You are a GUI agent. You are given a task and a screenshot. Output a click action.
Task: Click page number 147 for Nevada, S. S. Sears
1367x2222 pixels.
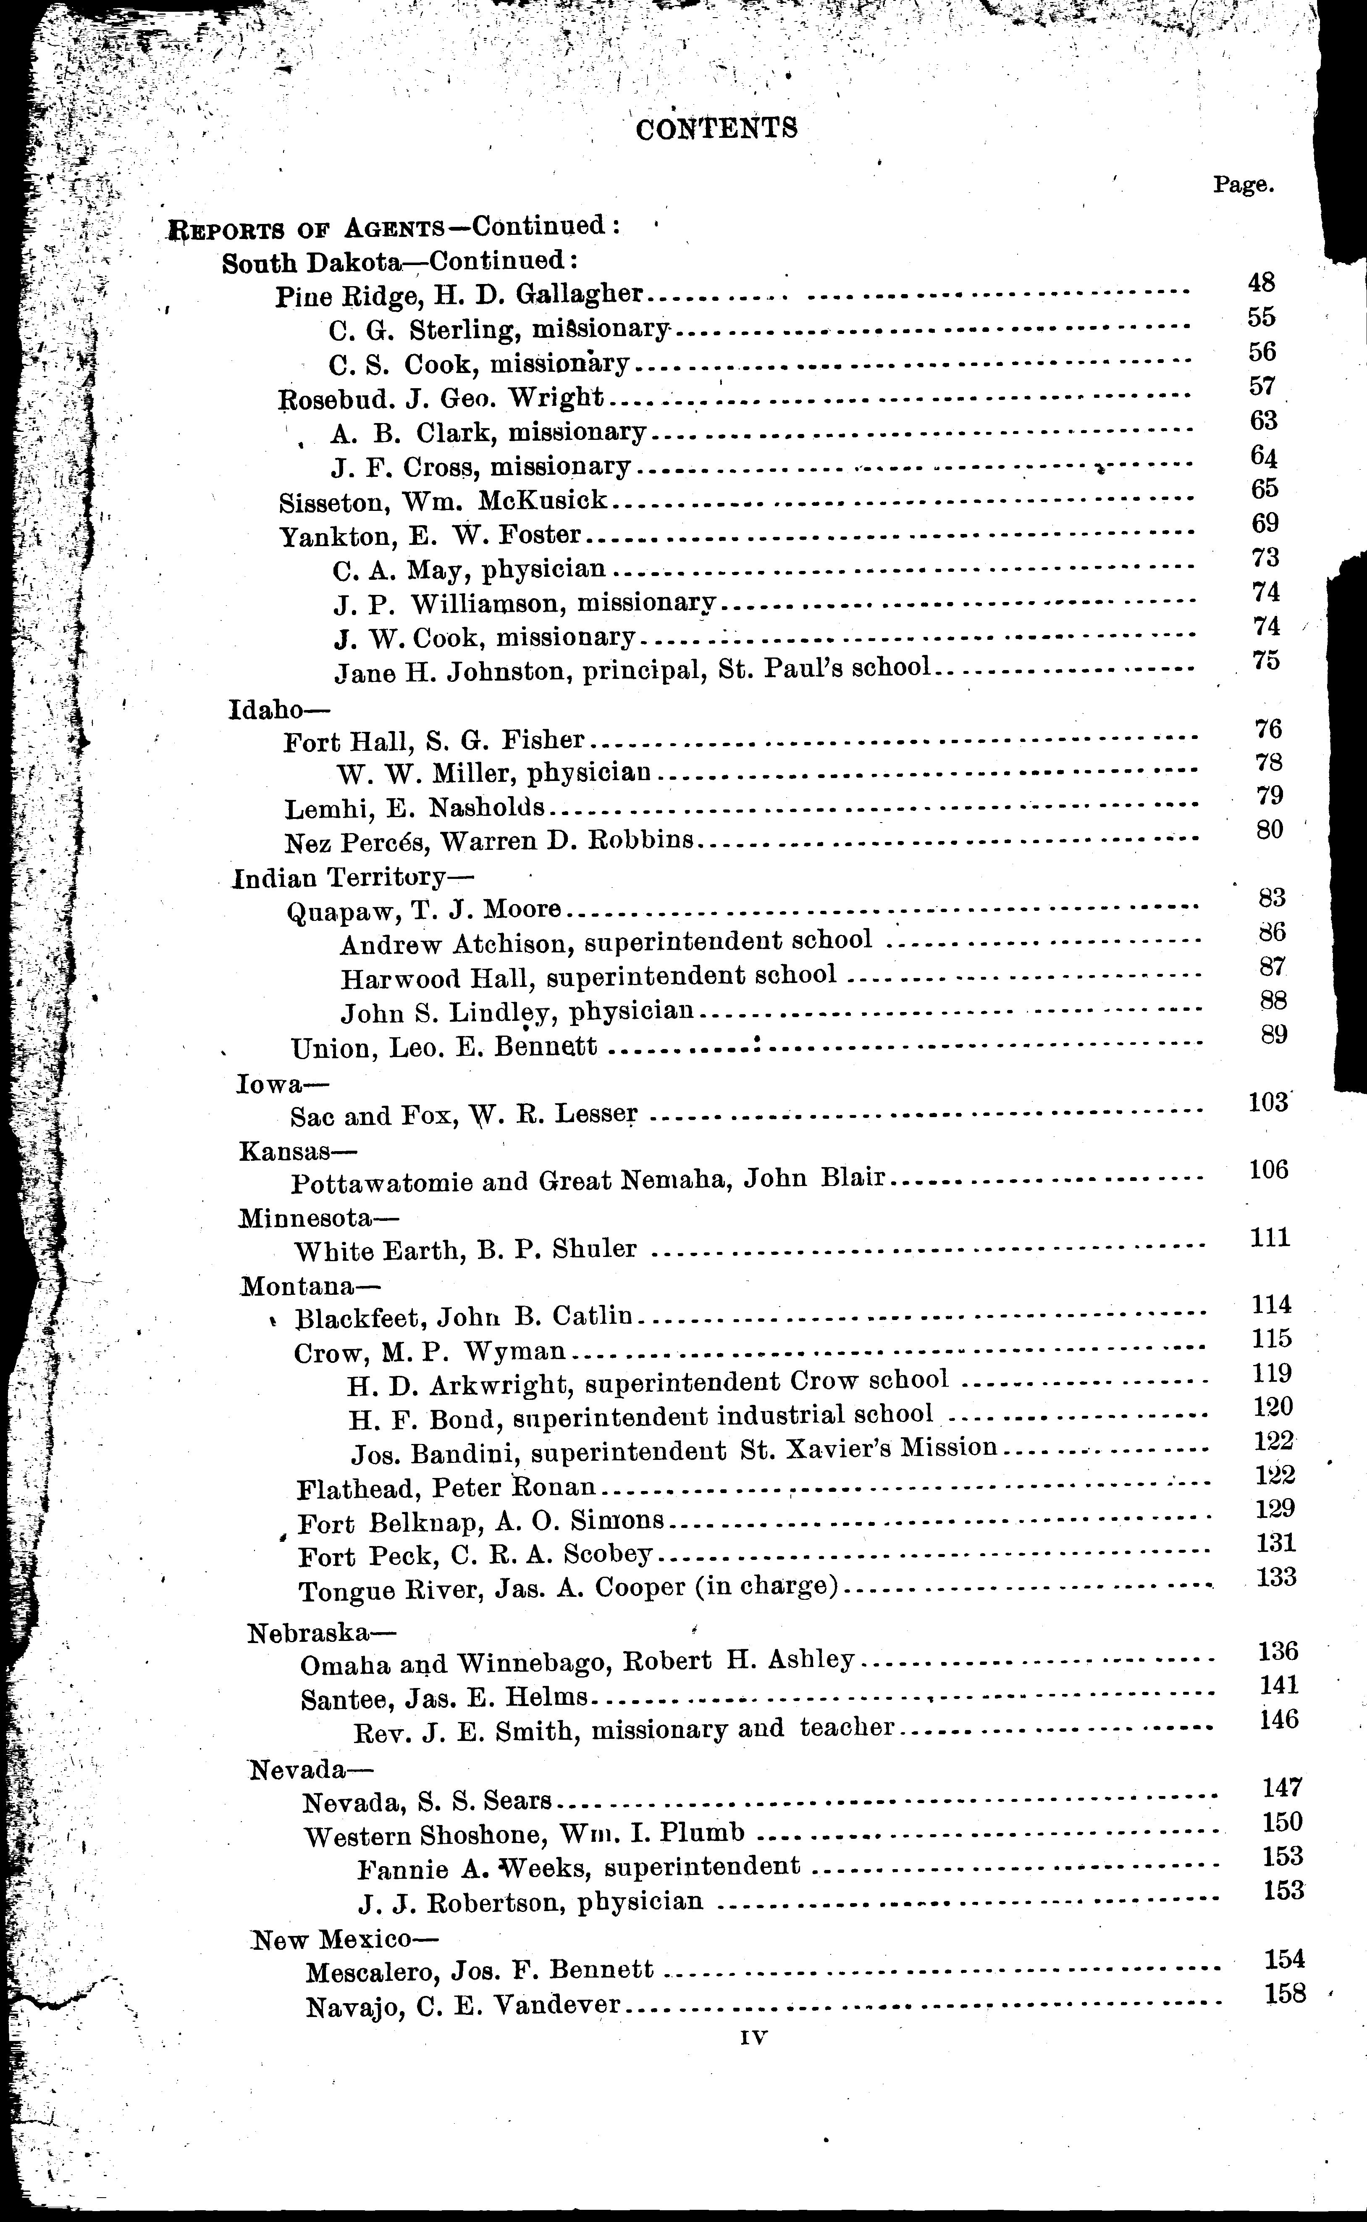point(1282,1787)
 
